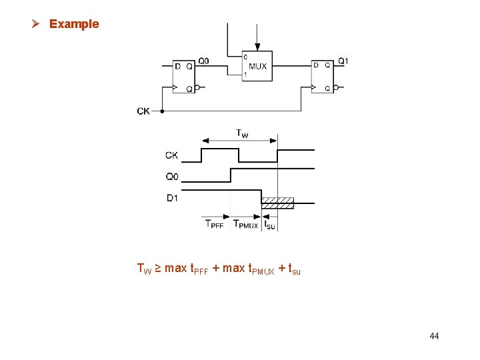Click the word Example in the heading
click(x=74, y=24)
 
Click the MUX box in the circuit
click(x=257, y=66)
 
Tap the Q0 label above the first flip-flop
click(x=203, y=61)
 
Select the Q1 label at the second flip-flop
click(x=343, y=61)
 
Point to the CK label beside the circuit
click(x=143, y=111)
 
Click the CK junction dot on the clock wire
click(x=163, y=111)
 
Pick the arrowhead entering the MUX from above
click(x=257, y=47)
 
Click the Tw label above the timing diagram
click(x=243, y=133)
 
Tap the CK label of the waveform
click(x=172, y=156)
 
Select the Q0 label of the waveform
click(x=172, y=177)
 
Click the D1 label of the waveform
click(x=172, y=197)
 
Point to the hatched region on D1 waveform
click(x=277, y=202)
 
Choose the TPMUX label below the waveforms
click(x=245, y=224)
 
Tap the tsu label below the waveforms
click(x=270, y=225)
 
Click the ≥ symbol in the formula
click(x=158, y=269)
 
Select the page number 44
click(x=434, y=336)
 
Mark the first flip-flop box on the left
click(x=184, y=77)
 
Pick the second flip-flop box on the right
click(x=323, y=77)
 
